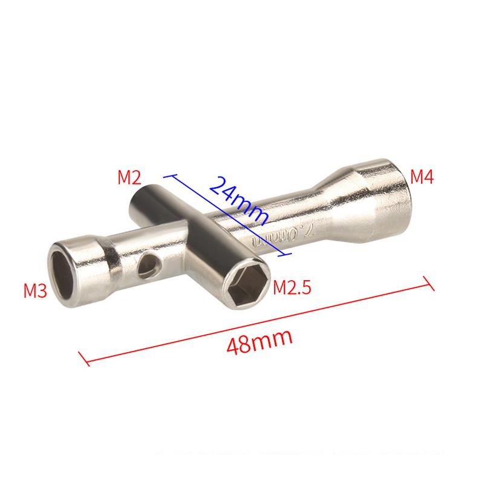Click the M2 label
(129, 177)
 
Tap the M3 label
(35, 290)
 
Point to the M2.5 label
(292, 286)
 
